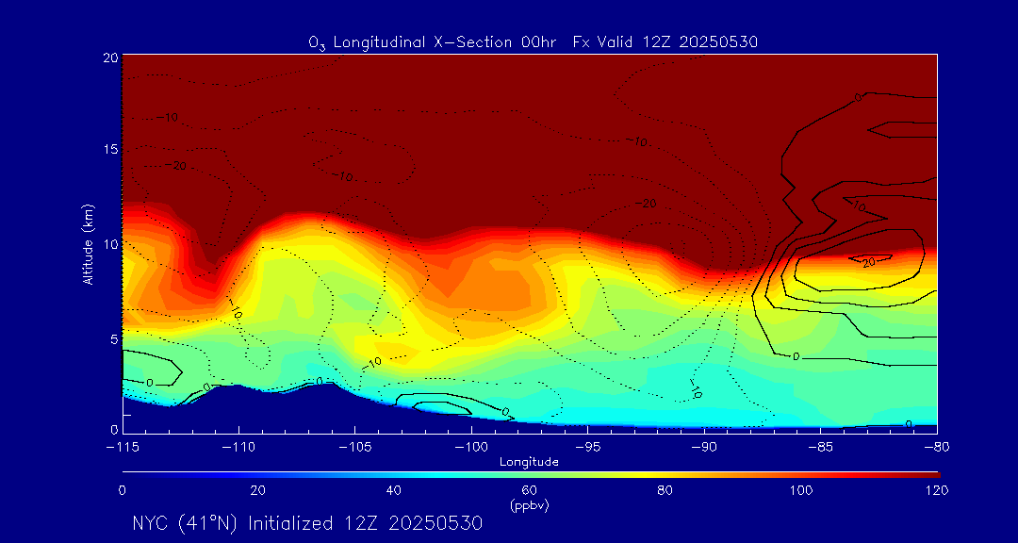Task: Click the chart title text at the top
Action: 534,41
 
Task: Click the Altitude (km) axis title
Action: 89,243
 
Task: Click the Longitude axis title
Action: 529,462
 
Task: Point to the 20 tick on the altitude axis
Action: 110,57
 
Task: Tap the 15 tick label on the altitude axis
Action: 110,150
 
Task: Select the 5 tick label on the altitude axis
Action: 113,337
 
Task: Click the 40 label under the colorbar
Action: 393,490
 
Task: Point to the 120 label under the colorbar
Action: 936,490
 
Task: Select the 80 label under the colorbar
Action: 665,490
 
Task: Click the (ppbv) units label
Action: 529,505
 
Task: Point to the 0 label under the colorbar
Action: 123,490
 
